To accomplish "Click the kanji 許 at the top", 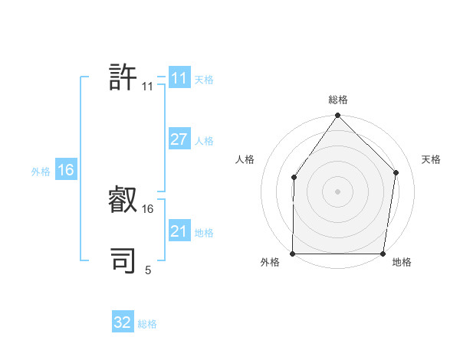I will pyautogui.click(x=123, y=77).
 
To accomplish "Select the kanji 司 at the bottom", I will pyautogui.click(x=123, y=260).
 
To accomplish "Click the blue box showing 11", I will pyautogui.click(x=179, y=78).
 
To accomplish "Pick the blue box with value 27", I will pyautogui.click(x=179, y=139).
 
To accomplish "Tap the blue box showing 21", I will pyautogui.click(x=179, y=231).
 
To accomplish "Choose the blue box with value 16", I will pyautogui.click(x=65, y=170).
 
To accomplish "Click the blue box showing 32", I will pyautogui.click(x=123, y=322).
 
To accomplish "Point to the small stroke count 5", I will pyautogui.click(x=148, y=270).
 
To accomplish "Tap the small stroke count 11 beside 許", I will pyautogui.click(x=147, y=87).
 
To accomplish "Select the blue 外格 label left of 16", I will pyautogui.click(x=41, y=172).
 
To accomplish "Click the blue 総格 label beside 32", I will pyautogui.click(x=147, y=324).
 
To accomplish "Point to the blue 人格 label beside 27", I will pyautogui.click(x=204, y=141).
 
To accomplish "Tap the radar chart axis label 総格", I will pyautogui.click(x=338, y=100).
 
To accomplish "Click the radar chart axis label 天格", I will pyautogui.click(x=431, y=159).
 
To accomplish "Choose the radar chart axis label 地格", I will pyautogui.click(x=402, y=263).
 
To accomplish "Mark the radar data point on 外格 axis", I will pyautogui.click(x=293, y=254).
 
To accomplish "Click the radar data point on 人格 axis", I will pyautogui.click(x=294, y=178).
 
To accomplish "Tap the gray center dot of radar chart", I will pyautogui.click(x=337, y=191).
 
